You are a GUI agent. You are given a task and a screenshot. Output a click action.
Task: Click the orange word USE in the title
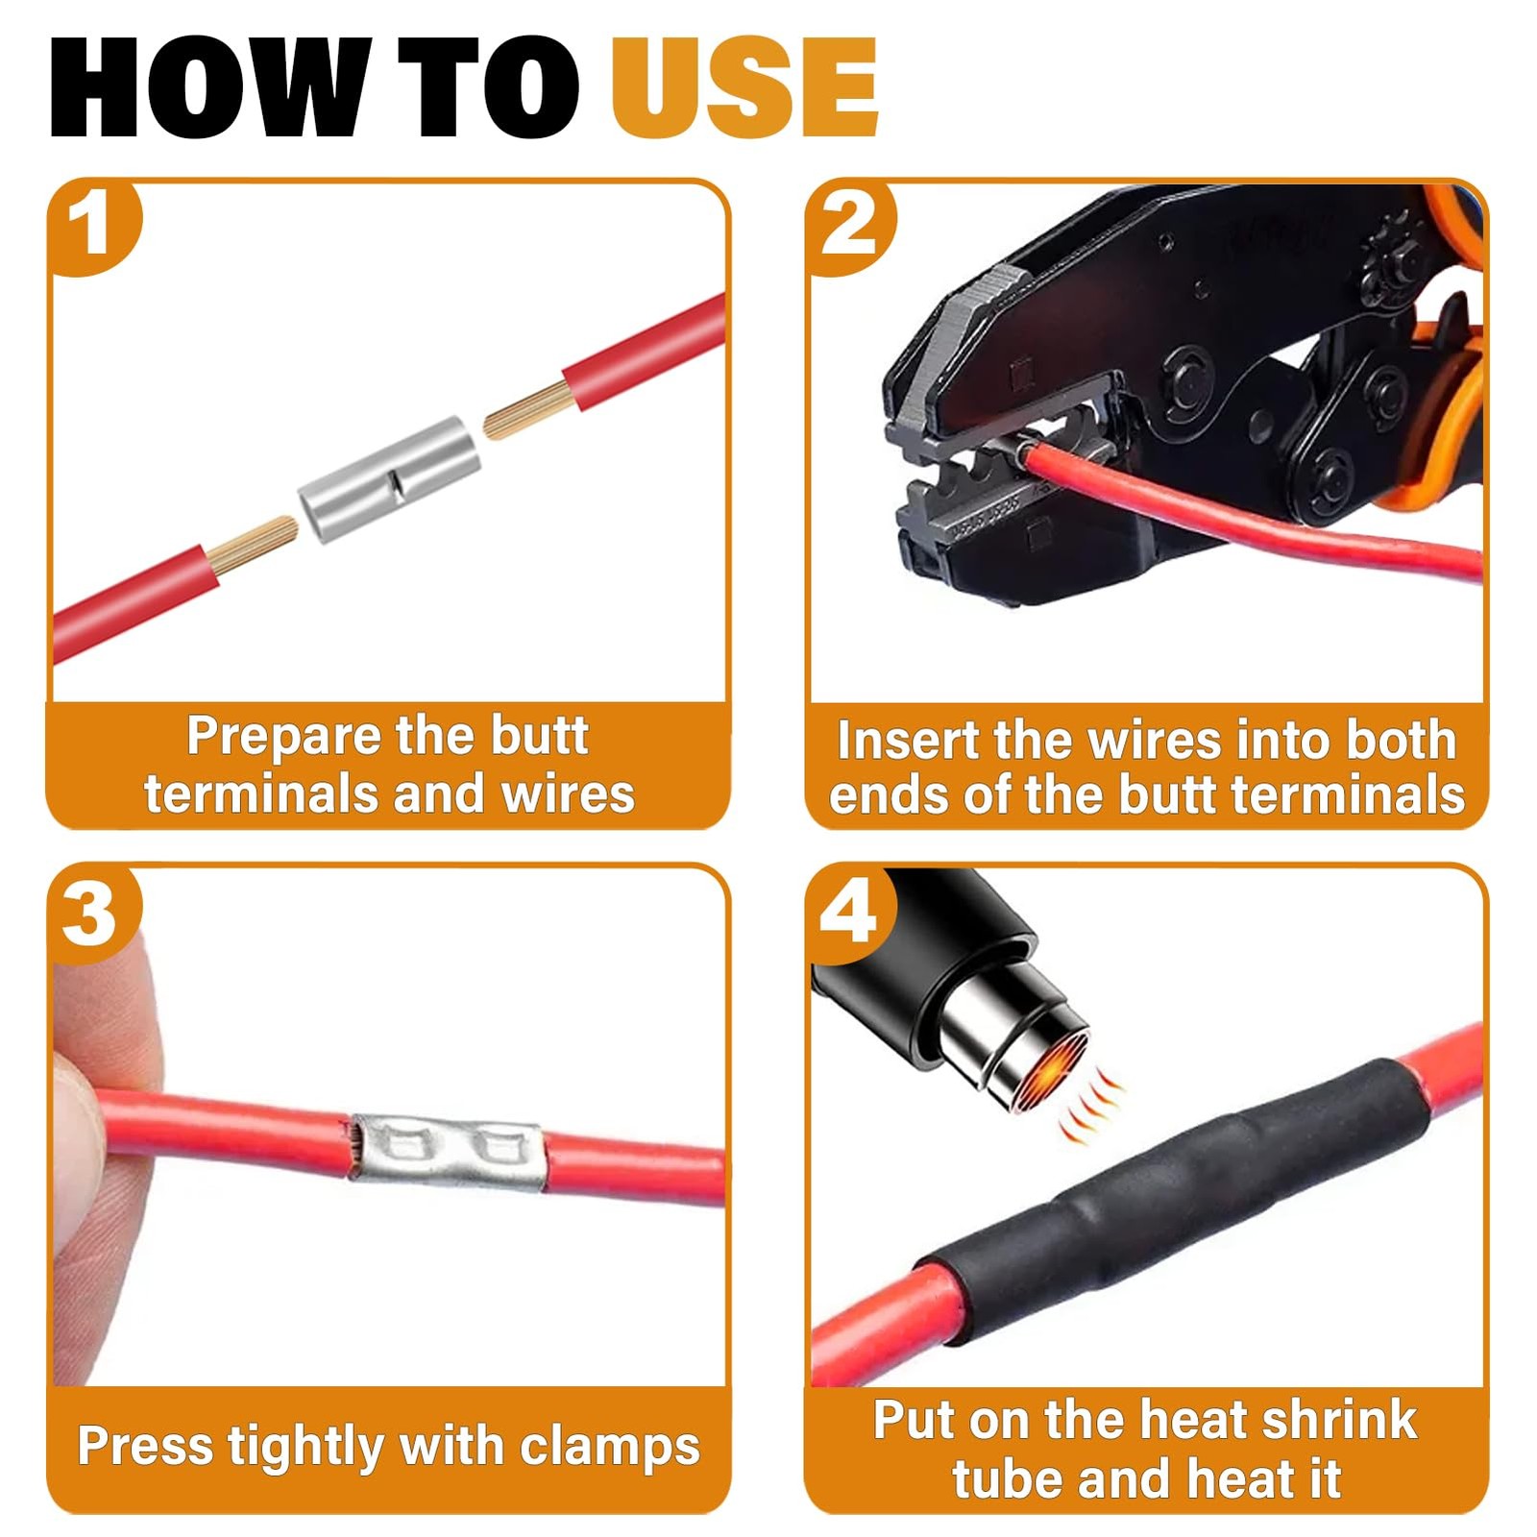point(744,88)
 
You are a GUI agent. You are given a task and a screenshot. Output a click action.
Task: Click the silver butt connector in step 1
point(388,480)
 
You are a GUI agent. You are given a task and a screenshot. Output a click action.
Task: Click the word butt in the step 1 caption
point(539,737)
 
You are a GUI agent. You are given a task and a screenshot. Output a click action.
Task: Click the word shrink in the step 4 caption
point(1338,1419)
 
